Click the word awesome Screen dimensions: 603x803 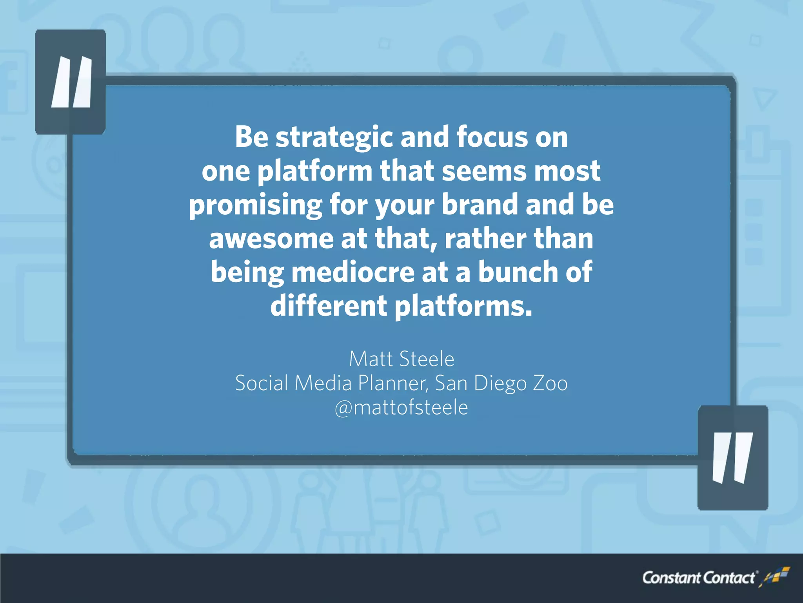(271, 239)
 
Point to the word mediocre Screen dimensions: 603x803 (352, 272)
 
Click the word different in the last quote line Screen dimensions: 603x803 (329, 306)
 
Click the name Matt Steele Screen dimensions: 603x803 (401, 359)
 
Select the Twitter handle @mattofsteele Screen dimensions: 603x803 (401, 408)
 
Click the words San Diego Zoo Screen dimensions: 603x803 (501, 383)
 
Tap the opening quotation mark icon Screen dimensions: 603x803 (71, 82)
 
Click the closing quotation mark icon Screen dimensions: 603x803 (732, 458)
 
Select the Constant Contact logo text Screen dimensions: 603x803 (698, 578)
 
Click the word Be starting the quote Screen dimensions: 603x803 (251, 137)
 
